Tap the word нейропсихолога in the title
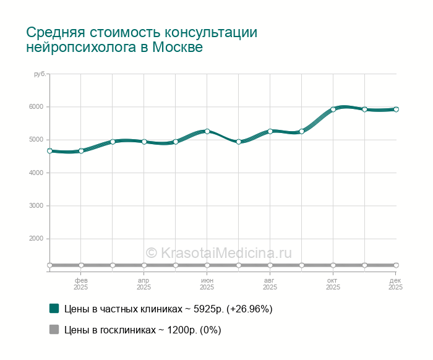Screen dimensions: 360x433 coord(77,48)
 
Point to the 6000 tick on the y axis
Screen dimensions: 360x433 coord(36,106)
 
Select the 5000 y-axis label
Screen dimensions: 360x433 coord(36,140)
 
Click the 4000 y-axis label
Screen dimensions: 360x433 coord(36,173)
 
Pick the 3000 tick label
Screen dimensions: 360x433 coord(36,205)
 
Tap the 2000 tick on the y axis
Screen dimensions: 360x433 coord(36,239)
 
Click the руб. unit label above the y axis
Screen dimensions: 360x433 coord(40,74)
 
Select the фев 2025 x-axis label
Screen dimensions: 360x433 coord(81,284)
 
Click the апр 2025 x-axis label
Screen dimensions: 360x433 coord(144,284)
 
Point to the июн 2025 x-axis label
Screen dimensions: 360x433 coord(207,284)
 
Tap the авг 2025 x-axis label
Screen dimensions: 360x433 coord(270,284)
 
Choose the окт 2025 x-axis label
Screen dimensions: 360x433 coord(333,284)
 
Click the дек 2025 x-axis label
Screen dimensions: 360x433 coord(395,284)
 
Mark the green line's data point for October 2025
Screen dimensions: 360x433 coord(333,109)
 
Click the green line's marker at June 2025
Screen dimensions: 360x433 coord(207,131)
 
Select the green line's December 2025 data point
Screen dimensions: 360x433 coord(396,109)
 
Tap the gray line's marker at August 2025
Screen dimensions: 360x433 coord(270,265)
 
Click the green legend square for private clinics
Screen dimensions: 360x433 coord(54,308)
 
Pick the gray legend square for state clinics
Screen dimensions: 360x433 coord(54,330)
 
